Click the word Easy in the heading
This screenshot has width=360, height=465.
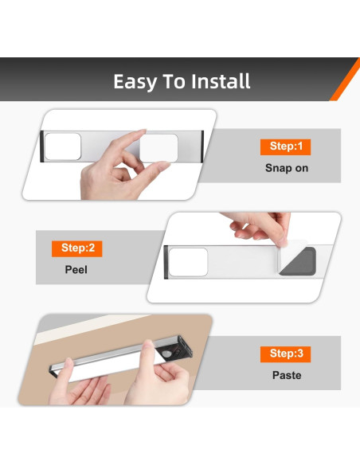click(x=135, y=81)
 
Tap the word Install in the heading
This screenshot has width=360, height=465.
click(x=221, y=81)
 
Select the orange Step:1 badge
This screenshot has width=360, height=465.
click(x=286, y=147)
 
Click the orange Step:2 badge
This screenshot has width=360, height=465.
click(x=76, y=248)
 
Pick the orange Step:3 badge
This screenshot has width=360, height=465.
click(x=286, y=354)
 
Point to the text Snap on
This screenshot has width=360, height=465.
click(x=287, y=168)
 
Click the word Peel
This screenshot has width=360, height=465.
click(x=76, y=270)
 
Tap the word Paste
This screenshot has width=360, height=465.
click(x=287, y=376)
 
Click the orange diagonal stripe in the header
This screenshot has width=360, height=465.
click(x=345, y=79)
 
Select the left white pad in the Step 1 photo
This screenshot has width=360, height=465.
click(x=63, y=147)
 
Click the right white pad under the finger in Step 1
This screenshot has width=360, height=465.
click(x=159, y=147)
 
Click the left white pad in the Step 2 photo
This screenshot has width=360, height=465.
click(x=188, y=262)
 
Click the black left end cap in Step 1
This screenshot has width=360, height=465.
click(x=41, y=147)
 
